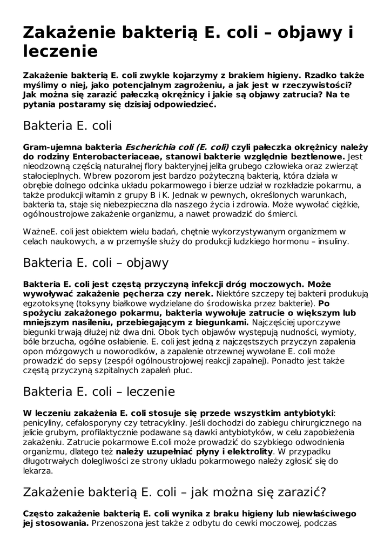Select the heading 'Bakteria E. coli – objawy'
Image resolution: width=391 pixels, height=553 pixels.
pos(96,263)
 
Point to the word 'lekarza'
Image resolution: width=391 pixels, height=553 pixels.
pos(38,470)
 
